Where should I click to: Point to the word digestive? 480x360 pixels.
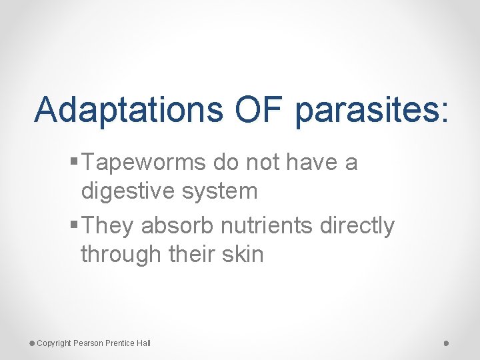(127, 191)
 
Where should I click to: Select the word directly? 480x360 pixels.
(357, 227)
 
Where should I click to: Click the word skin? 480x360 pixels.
(241, 253)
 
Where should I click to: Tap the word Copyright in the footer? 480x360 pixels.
(53, 343)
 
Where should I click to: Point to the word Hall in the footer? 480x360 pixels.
(143, 343)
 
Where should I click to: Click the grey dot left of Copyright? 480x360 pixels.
(31, 343)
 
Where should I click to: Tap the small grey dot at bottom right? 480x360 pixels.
(446, 343)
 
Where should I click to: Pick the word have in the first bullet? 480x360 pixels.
(315, 163)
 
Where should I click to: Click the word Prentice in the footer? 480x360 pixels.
(119, 343)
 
